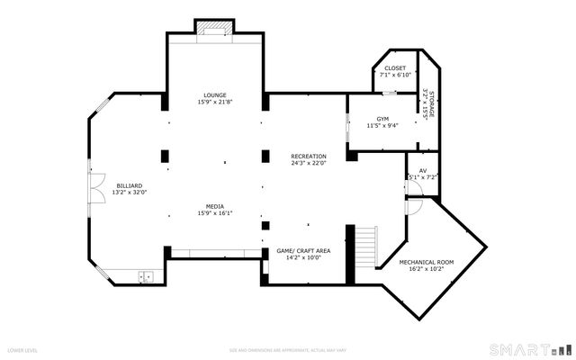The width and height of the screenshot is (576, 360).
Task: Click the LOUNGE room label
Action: tap(214, 95)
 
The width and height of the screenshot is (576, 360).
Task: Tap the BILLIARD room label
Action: tap(129, 184)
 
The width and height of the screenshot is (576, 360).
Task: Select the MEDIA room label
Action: tap(214, 206)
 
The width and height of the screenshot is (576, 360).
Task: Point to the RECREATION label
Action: tap(308, 157)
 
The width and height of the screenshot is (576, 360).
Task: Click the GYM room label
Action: tap(382, 119)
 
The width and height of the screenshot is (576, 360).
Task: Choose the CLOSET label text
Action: tap(394, 68)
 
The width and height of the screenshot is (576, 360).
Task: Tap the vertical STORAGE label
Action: tap(431, 104)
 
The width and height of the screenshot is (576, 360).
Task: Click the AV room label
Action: tap(422, 170)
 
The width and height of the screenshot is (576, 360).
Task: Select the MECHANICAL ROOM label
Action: tap(427, 261)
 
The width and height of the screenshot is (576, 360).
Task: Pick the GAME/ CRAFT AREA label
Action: tap(303, 250)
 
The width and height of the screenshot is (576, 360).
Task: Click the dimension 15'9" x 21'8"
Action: tap(214, 103)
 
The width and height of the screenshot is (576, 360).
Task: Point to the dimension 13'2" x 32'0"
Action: tap(129, 192)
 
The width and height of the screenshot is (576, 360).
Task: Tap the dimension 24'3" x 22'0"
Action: tap(308, 164)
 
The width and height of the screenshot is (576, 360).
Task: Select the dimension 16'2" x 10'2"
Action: tap(427, 268)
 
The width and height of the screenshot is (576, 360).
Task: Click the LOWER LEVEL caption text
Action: tap(22, 349)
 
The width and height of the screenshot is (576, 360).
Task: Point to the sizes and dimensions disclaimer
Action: tap(286, 349)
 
